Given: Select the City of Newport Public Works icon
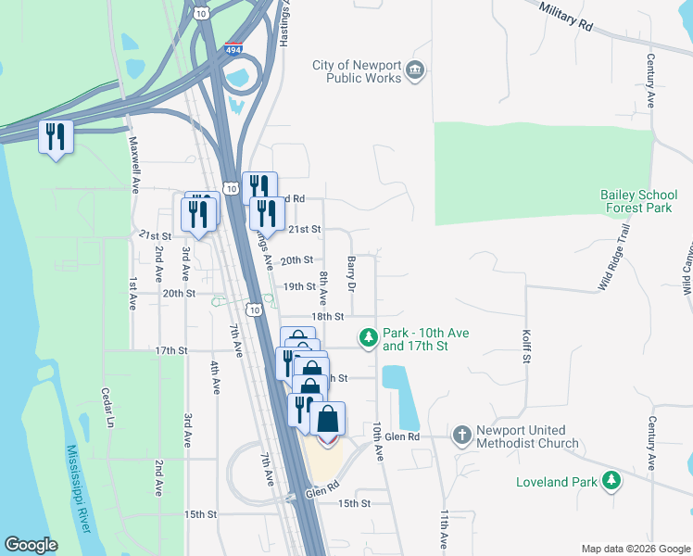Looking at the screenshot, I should [415, 70].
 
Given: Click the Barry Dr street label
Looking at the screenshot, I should [351, 274].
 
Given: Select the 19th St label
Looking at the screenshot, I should [299, 287].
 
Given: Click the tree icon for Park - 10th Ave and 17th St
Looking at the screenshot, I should [369, 337].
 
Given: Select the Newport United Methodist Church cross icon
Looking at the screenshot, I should [461, 435].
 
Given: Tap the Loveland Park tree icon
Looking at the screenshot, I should [611, 481].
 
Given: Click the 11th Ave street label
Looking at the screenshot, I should [445, 531].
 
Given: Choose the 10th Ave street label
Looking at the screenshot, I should [377, 442].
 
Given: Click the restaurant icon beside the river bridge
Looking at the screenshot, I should [56, 137].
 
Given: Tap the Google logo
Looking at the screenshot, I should [30, 545].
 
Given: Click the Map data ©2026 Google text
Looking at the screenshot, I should [634, 549].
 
